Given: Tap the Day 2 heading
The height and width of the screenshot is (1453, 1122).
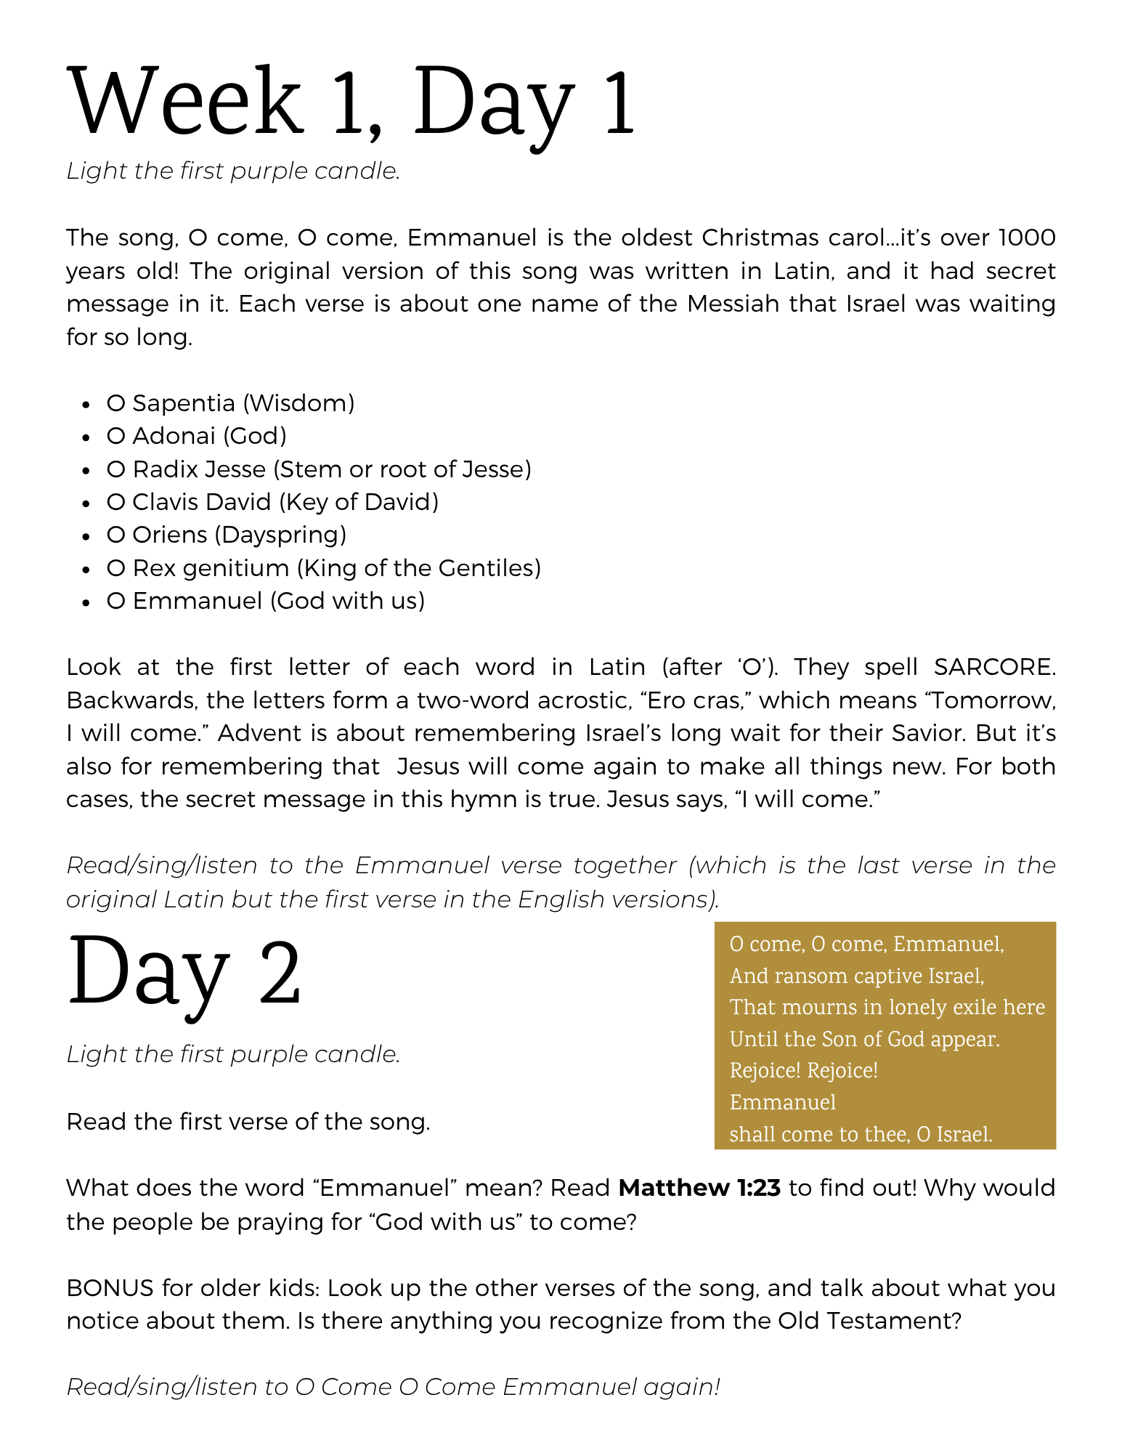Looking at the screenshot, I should point(184,972).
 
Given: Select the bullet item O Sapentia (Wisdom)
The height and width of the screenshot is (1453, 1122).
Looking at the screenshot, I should point(230,403).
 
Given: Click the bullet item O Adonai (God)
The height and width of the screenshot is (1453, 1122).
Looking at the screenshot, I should point(196,436).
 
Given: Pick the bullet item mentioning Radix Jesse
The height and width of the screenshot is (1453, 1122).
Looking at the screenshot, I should point(319,469).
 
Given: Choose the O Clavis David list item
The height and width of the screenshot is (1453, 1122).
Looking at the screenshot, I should point(272,502).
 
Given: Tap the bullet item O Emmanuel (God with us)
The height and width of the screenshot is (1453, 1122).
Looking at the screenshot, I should point(265,601).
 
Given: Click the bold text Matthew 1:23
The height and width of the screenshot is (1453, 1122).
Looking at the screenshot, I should point(699,1188).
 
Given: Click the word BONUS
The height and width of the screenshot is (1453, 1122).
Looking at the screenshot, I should point(110,1288).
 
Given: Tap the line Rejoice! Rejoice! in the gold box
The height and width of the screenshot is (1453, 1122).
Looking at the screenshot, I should point(803,1071).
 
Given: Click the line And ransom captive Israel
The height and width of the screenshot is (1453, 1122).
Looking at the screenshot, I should point(857,976).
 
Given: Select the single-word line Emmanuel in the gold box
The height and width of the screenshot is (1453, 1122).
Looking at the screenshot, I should point(782,1103).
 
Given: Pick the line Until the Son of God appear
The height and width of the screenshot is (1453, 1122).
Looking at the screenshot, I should point(864,1040).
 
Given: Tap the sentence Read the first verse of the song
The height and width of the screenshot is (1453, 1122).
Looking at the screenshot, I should point(248,1122).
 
